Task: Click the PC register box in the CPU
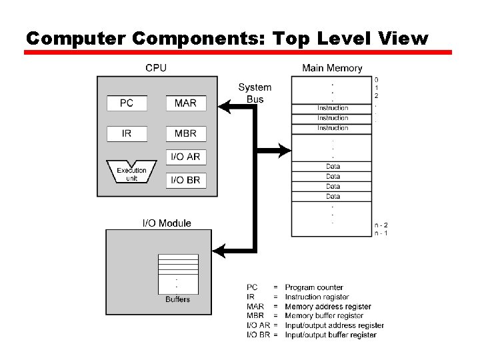point(127,103)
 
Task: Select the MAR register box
point(185,103)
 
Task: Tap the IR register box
point(127,133)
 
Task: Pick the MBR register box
point(185,133)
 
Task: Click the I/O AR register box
point(185,157)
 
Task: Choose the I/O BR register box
point(185,180)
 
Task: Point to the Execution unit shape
point(131,172)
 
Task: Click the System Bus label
point(255,93)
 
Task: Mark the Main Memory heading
point(332,68)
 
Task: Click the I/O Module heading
point(167,223)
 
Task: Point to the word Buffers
point(177,299)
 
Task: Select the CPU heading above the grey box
point(156,68)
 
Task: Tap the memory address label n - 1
point(381,233)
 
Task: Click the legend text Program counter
point(313,287)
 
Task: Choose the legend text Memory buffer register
point(324,315)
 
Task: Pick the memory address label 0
point(377,79)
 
